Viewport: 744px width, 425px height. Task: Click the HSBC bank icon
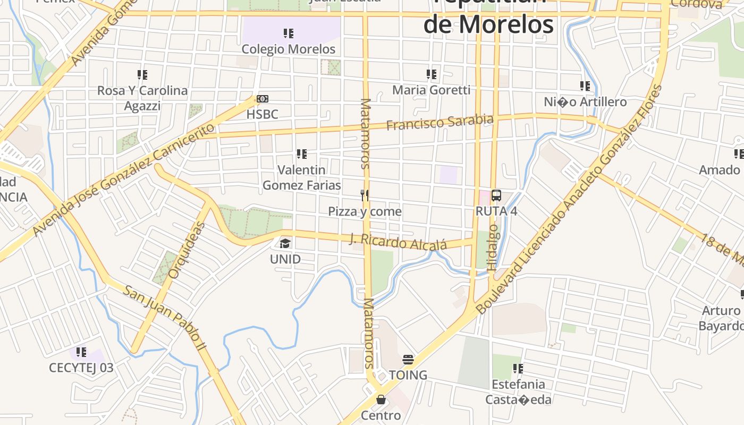coord(263,99)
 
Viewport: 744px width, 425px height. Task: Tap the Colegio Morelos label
coord(289,49)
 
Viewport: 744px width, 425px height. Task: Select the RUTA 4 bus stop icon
coord(496,195)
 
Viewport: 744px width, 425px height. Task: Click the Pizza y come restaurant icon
coord(365,195)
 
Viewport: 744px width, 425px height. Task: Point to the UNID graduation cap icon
coord(285,244)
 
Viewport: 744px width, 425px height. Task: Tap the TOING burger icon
coord(408,360)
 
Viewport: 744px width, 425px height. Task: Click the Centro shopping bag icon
coord(381,399)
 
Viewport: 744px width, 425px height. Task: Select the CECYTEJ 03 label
coord(81,368)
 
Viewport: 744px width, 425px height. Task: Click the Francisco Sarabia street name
coord(439,122)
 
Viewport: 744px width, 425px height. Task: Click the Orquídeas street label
coord(186,250)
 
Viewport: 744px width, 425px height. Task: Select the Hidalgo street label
coord(493,248)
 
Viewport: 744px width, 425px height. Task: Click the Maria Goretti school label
coord(432,90)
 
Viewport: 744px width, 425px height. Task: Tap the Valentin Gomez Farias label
coord(302,177)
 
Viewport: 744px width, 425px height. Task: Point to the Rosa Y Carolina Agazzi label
coord(142,98)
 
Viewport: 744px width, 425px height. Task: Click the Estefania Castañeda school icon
coord(518,368)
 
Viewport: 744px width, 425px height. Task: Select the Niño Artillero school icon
coord(585,86)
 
